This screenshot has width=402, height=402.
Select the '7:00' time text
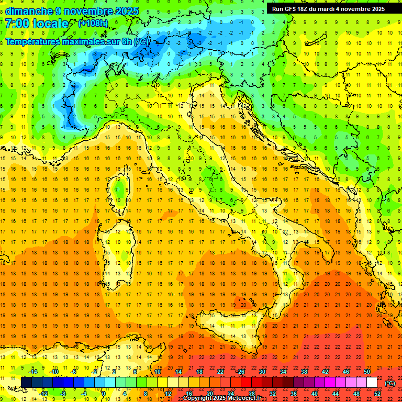point(17,24)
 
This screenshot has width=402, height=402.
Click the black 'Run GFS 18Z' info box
point(328,9)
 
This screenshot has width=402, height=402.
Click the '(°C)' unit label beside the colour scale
point(390,383)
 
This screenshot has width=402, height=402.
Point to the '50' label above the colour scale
point(366,372)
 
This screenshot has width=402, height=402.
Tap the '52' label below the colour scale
point(377,393)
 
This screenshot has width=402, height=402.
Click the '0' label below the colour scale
point(104,393)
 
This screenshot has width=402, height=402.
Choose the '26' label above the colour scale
point(241,372)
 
